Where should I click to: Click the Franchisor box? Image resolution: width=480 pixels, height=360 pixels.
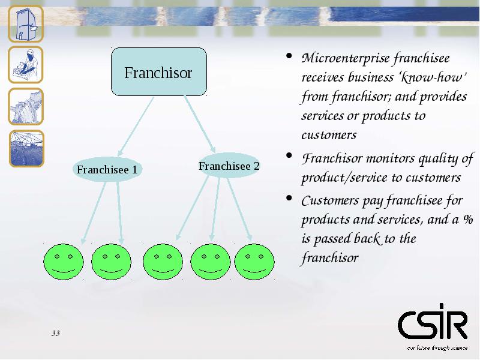tap(159, 71)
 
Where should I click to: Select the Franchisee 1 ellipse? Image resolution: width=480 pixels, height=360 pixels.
tap(107, 169)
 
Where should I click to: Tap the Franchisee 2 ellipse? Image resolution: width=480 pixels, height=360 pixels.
tap(229, 166)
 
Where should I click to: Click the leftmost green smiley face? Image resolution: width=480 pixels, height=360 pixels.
tap(64, 262)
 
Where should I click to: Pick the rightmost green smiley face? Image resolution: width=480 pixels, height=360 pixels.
tap(254, 262)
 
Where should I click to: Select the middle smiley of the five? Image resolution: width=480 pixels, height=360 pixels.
tap(163, 262)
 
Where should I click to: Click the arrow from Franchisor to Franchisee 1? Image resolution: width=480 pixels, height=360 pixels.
tap(136, 127)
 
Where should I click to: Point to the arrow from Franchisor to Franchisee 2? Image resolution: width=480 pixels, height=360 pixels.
tap(200, 124)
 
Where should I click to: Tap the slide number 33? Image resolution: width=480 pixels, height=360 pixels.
tap(56, 333)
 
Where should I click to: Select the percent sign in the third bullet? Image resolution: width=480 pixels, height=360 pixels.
tap(468, 219)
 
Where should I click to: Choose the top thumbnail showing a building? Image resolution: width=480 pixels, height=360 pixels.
tap(26, 23)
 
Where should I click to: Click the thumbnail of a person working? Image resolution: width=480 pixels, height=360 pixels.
tap(26, 65)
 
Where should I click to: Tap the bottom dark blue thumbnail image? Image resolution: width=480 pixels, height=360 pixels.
tap(26, 149)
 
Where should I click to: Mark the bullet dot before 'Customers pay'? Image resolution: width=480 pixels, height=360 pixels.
tap(289, 198)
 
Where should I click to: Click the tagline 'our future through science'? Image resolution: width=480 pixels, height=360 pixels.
tap(437, 348)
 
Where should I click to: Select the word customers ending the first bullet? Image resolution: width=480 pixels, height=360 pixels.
tap(329, 135)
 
